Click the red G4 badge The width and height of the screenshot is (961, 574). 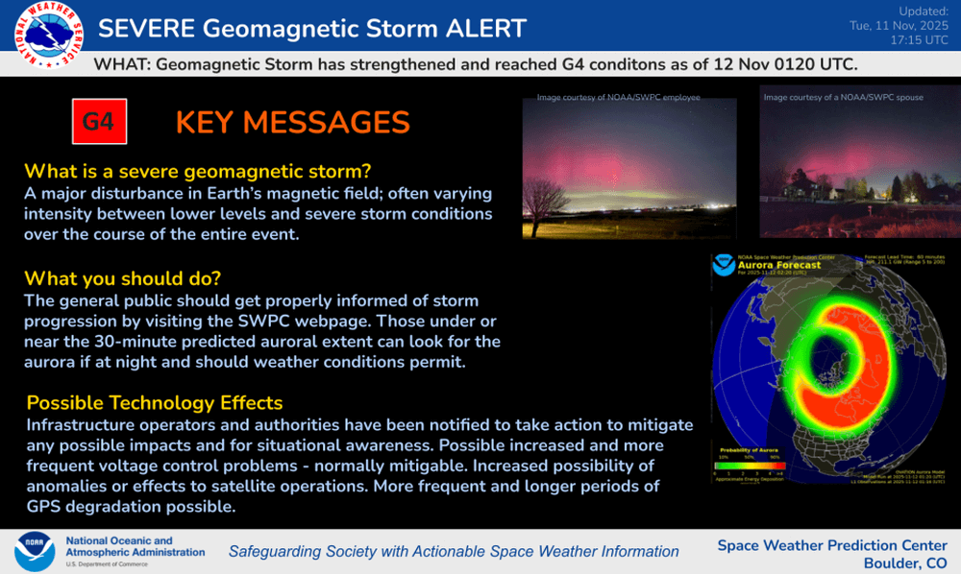pyautogui.click(x=99, y=122)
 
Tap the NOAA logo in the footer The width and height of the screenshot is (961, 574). pyautogui.click(x=35, y=552)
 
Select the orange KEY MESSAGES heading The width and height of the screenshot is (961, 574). pyautogui.click(x=292, y=123)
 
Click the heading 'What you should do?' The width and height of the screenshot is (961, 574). pyautogui.click(x=122, y=278)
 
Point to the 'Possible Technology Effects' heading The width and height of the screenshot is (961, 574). pyautogui.click(x=154, y=402)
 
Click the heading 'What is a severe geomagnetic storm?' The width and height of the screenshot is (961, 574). pyautogui.click(x=197, y=172)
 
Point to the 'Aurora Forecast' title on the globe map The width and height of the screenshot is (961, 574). pyautogui.click(x=779, y=265)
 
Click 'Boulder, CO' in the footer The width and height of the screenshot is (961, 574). pyautogui.click(x=904, y=563)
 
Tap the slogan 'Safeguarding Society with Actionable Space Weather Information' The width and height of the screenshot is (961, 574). pyautogui.click(x=454, y=552)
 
